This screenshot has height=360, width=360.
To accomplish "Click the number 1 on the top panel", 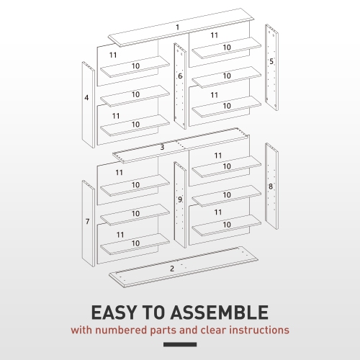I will [177, 27].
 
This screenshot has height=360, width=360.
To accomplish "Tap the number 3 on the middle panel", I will [162, 147].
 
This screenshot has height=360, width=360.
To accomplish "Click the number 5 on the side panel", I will [271, 62].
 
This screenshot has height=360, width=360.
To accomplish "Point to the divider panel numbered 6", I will [180, 76].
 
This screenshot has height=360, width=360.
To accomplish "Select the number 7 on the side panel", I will [88, 222].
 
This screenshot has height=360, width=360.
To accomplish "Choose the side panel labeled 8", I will [271, 186].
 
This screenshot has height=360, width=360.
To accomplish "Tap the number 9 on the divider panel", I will [180, 199].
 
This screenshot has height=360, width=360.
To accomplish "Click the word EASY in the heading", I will [116, 313].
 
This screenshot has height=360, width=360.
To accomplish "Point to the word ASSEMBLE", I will [221, 313].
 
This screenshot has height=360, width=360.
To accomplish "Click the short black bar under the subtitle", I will [180, 344].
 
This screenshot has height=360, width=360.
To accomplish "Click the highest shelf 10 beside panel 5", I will [225, 48].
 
